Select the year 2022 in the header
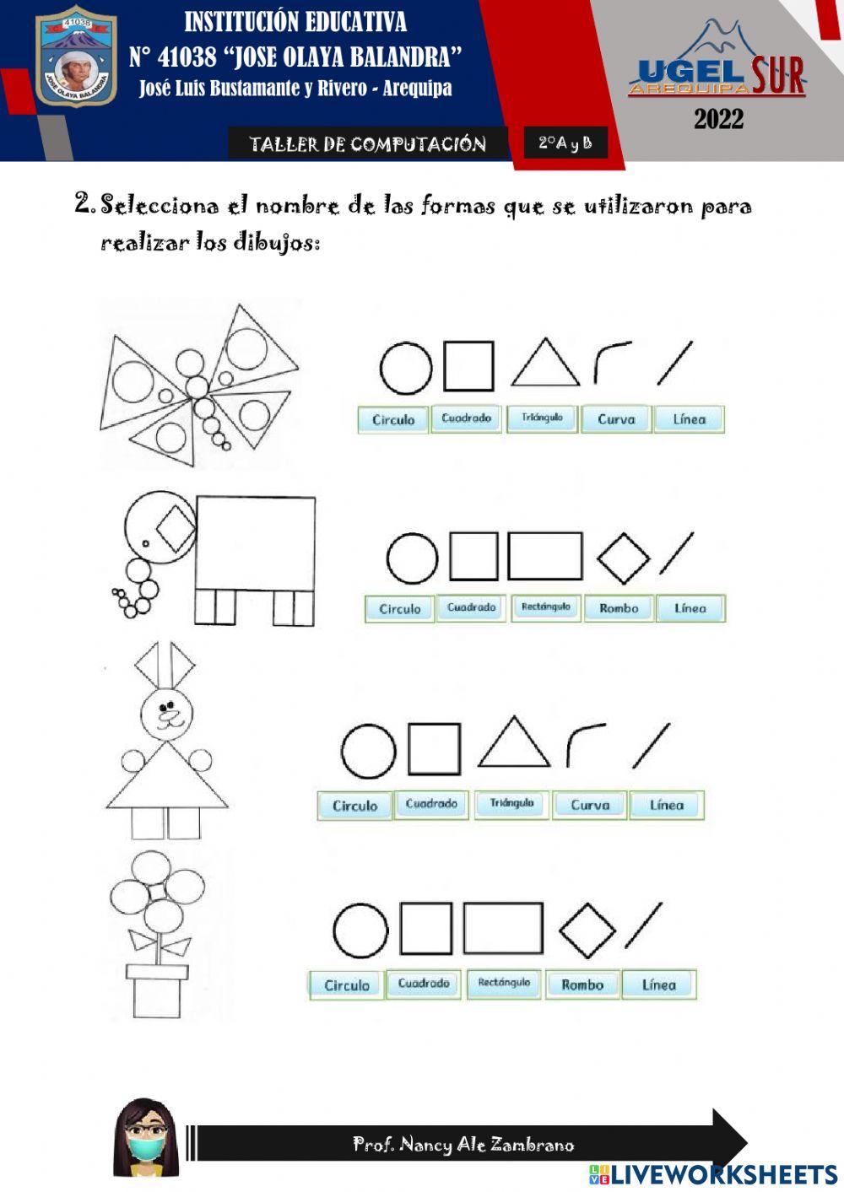tap(718, 119)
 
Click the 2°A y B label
tap(565, 143)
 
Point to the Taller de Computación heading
tap(367, 144)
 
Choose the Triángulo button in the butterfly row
tap(542, 418)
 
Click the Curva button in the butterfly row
tap(616, 419)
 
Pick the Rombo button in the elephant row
tap(619, 608)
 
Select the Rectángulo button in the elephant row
tap(545, 607)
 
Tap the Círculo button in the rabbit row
tap(354, 806)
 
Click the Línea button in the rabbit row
tap(666, 806)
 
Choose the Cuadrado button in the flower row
tap(424, 984)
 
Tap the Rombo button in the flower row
tap(582, 984)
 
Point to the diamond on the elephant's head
tap(176, 528)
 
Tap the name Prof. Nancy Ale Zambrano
tap(463, 1145)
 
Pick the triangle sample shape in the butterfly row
tap(544, 365)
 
